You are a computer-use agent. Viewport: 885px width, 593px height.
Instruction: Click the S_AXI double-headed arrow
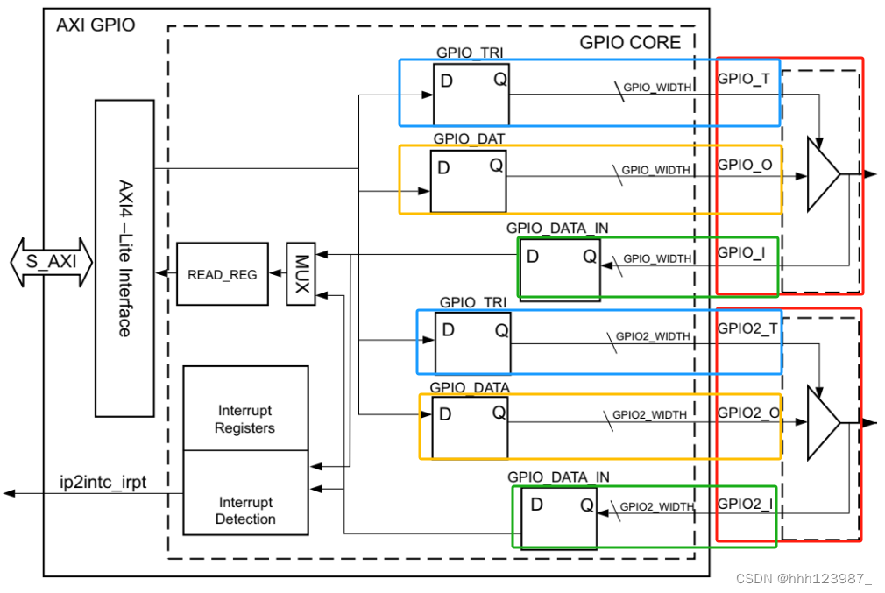(x=51, y=262)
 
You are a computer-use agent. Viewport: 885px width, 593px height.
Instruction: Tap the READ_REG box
(x=223, y=274)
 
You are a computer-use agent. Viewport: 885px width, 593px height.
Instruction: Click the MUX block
(x=301, y=274)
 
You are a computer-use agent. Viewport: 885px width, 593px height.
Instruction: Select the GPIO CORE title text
(x=629, y=42)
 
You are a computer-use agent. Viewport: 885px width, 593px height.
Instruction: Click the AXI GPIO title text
(x=96, y=25)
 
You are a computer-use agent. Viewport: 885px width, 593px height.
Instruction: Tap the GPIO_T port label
(x=743, y=78)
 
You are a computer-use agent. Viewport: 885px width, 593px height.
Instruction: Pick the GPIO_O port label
(x=744, y=164)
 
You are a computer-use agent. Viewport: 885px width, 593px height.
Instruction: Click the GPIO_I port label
(x=740, y=251)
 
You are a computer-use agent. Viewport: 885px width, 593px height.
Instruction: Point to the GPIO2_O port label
(x=748, y=413)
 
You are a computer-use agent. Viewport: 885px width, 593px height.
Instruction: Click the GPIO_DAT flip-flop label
(x=469, y=138)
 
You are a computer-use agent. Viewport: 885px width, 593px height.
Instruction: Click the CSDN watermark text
(x=804, y=577)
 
